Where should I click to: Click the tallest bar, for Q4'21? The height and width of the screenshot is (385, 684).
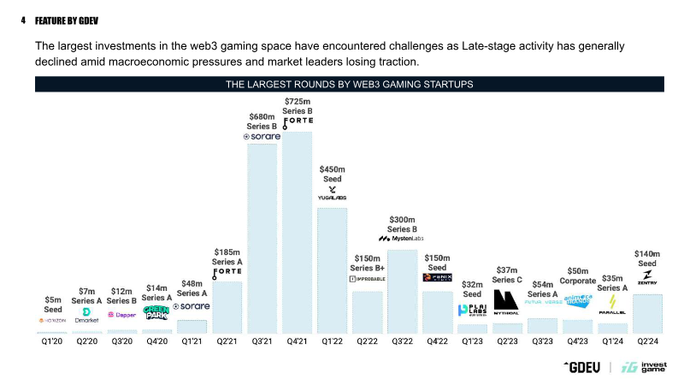tap(298, 233)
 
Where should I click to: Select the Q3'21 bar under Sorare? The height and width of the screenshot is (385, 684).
tap(262, 239)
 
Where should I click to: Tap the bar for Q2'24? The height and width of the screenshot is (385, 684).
tap(647, 313)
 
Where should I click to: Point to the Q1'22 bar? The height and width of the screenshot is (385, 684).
tap(333, 270)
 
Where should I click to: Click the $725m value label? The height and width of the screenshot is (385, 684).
tap(298, 102)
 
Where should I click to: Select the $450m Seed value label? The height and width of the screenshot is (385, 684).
tap(333, 174)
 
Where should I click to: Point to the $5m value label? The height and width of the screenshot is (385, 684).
tap(53, 300)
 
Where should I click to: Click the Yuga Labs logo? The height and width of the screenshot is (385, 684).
tap(333, 193)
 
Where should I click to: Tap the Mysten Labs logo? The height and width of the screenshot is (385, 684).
tap(402, 238)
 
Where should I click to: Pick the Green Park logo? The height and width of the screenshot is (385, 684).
tap(156, 313)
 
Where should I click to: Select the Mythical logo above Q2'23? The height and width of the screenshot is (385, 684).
tap(507, 303)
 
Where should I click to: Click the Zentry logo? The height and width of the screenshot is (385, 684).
tap(647, 277)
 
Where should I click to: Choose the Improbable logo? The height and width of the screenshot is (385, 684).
tap(368, 279)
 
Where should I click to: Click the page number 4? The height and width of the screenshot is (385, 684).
tap(24, 18)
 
